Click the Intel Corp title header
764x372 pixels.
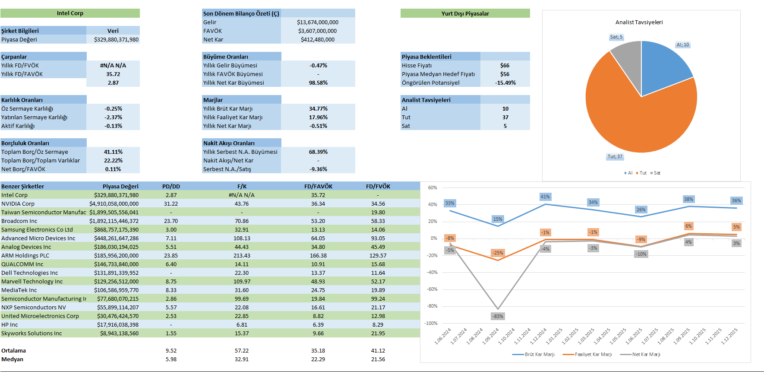click(70, 13)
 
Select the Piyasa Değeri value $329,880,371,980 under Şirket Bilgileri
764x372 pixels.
click(116, 39)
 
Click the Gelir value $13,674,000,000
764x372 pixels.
click(317, 22)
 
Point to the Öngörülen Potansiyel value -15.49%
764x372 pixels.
click(505, 83)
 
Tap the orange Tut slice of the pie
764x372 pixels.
click(635, 121)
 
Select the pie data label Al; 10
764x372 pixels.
click(682, 45)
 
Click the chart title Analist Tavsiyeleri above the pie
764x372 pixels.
click(639, 22)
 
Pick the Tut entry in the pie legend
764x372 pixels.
click(642, 173)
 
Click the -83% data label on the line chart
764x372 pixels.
click(498, 316)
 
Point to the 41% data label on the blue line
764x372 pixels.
click(545, 197)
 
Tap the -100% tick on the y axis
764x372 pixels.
click(430, 323)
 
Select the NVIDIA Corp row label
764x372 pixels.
click(18, 203)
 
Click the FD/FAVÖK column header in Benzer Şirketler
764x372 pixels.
click(318, 186)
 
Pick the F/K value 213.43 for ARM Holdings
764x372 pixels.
click(242, 255)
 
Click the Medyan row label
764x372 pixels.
click(13, 359)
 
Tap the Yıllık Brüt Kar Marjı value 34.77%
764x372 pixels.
click(318, 108)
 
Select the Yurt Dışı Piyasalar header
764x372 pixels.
click(465, 13)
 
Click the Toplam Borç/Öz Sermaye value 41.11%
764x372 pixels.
click(113, 152)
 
